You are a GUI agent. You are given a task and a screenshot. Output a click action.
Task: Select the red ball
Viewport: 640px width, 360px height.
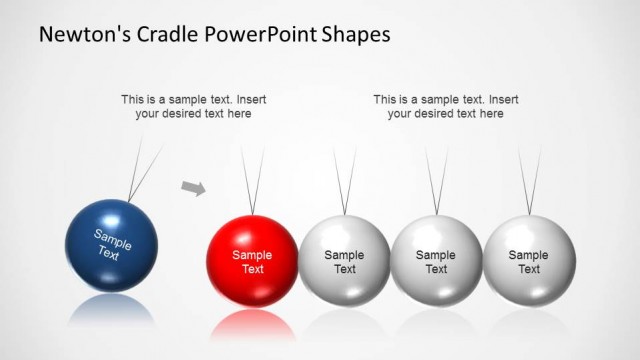(x=252, y=261)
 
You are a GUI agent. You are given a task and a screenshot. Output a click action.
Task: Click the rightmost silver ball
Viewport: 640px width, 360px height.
(x=529, y=261)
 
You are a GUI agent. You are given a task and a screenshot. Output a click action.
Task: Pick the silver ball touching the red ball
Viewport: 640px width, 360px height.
(x=344, y=261)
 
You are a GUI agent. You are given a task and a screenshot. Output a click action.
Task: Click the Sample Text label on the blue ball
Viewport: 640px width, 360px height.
(x=112, y=244)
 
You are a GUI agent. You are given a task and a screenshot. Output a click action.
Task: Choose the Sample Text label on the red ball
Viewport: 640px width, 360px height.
(x=252, y=262)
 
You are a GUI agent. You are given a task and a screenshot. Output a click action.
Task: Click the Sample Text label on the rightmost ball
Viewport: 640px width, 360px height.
(x=529, y=262)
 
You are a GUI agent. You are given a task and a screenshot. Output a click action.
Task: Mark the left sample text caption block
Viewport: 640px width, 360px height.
(x=193, y=106)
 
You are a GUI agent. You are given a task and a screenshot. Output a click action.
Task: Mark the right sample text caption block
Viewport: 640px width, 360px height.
(x=445, y=106)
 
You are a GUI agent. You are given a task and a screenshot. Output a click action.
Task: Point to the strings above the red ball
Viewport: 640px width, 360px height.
(x=253, y=180)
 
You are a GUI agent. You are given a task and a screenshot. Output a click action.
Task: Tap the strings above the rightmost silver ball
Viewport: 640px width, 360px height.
(x=530, y=180)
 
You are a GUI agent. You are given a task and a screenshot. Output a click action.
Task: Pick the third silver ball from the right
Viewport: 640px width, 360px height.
(x=344, y=261)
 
